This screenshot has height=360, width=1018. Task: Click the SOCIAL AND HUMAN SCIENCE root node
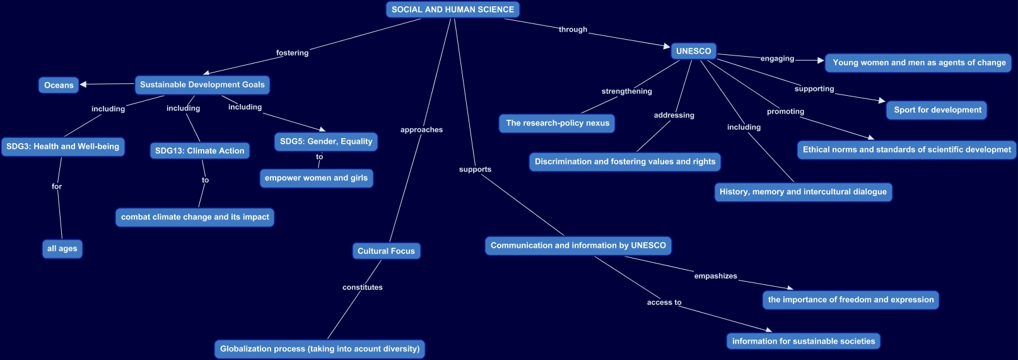[x=452, y=9]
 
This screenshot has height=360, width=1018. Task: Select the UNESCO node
[x=693, y=51]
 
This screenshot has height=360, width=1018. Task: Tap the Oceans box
[x=59, y=85]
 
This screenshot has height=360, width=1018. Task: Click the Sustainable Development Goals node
[x=202, y=84]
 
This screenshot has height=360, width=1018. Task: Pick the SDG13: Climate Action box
[x=199, y=151]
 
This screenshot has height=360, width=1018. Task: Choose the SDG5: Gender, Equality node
[x=326, y=141]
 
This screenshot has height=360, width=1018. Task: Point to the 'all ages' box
[x=62, y=248]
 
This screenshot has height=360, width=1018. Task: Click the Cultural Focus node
[x=386, y=251]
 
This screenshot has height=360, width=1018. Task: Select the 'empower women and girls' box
[x=316, y=178]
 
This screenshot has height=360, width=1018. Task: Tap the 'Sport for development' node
[x=937, y=110]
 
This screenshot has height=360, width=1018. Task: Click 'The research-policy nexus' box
[x=558, y=123]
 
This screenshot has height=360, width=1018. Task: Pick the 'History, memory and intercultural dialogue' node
[x=803, y=192]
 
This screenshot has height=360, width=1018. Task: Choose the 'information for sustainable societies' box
[x=804, y=341]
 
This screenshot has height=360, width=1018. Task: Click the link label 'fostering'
[x=292, y=53]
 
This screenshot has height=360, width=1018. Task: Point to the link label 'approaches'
[x=421, y=130]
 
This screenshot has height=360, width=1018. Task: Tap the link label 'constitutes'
[x=363, y=287]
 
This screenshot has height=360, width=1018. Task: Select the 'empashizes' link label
[x=715, y=276]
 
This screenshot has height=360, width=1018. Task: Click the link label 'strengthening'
[x=626, y=91]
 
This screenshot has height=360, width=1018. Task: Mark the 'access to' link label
[x=664, y=303]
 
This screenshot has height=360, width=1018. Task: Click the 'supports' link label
[x=475, y=170]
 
